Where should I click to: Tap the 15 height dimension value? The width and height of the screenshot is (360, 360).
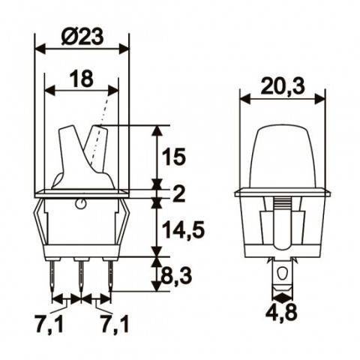(x=173, y=157)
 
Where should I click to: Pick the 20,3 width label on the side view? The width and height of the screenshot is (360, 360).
(x=283, y=87)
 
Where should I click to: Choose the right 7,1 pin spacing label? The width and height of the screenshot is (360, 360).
(x=114, y=325)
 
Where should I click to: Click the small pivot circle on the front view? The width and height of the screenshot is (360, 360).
(x=81, y=203)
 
